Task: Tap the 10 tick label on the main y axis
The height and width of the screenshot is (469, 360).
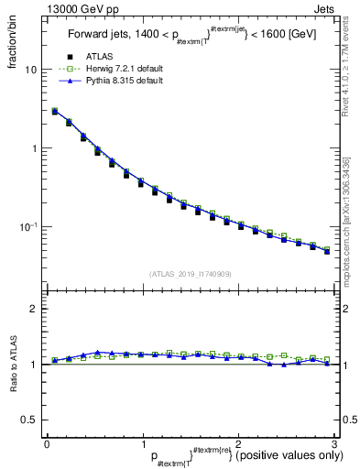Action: tap(31, 71)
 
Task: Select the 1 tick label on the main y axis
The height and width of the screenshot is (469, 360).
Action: tap(34, 148)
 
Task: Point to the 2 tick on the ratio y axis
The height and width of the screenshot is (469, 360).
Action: tap(34, 309)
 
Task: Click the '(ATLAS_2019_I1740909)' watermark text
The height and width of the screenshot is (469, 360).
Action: tap(189, 274)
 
